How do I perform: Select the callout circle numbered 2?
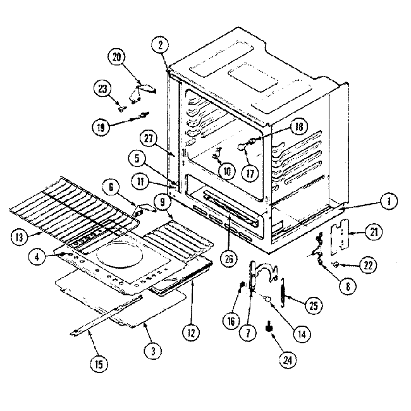click(161, 44)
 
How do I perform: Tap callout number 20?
click(116, 56)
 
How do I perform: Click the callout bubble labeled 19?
click(101, 126)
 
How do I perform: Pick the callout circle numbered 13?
click(20, 238)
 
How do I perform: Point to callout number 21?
click(372, 233)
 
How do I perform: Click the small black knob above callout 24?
click(271, 327)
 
